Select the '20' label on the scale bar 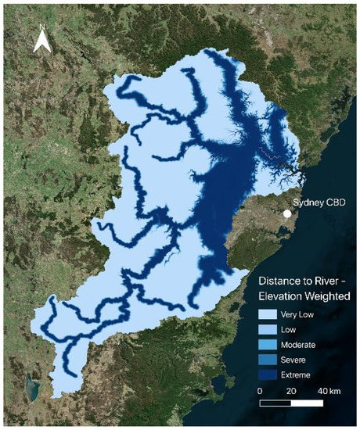point(291,390)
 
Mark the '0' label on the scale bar point(260,390)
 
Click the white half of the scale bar point(307,403)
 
